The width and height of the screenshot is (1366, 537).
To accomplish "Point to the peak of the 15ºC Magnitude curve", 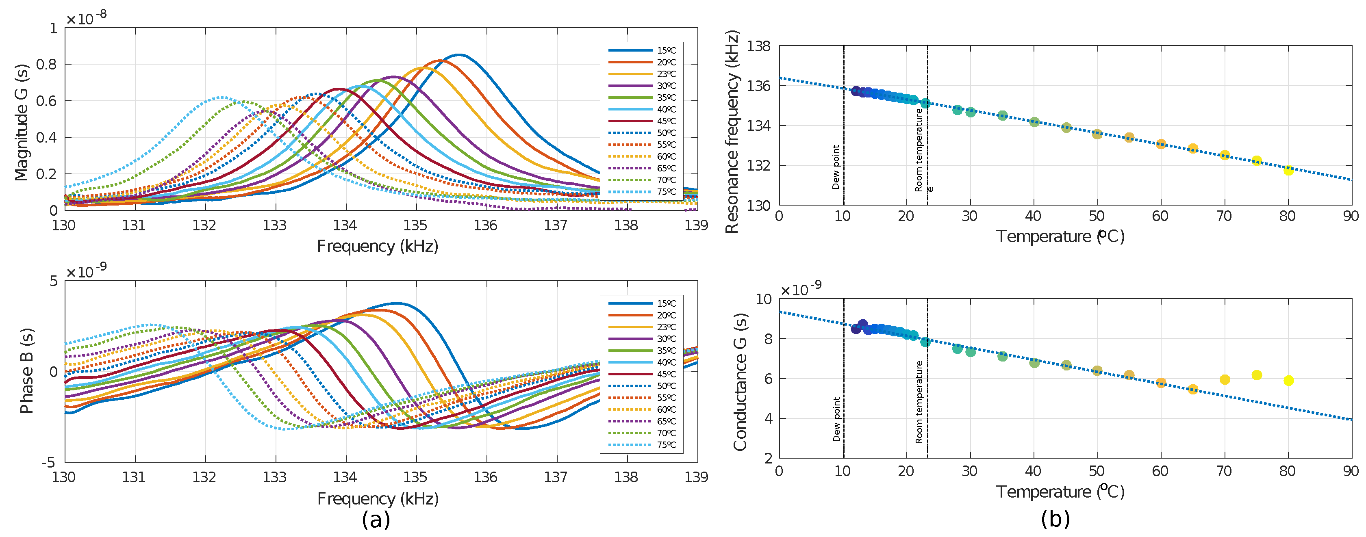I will tap(459, 54).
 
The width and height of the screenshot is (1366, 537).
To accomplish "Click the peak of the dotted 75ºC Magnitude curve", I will tap(221, 97).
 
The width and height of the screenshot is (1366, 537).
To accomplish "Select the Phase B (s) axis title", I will tap(26, 371).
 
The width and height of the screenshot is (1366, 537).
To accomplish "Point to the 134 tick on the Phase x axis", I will tap(345, 477).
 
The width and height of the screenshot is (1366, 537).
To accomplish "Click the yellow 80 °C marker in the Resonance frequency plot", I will tap(1288, 170).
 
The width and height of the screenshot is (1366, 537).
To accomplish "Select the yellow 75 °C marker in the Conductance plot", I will tap(1256, 375).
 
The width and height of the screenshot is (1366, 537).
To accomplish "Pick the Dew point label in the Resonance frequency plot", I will tap(836, 167).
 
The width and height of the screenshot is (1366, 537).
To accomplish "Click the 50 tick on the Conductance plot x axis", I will tap(1097, 471).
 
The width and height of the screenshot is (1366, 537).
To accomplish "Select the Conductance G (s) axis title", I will tap(740, 382).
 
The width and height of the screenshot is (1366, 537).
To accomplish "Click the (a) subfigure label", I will tap(376, 520).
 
